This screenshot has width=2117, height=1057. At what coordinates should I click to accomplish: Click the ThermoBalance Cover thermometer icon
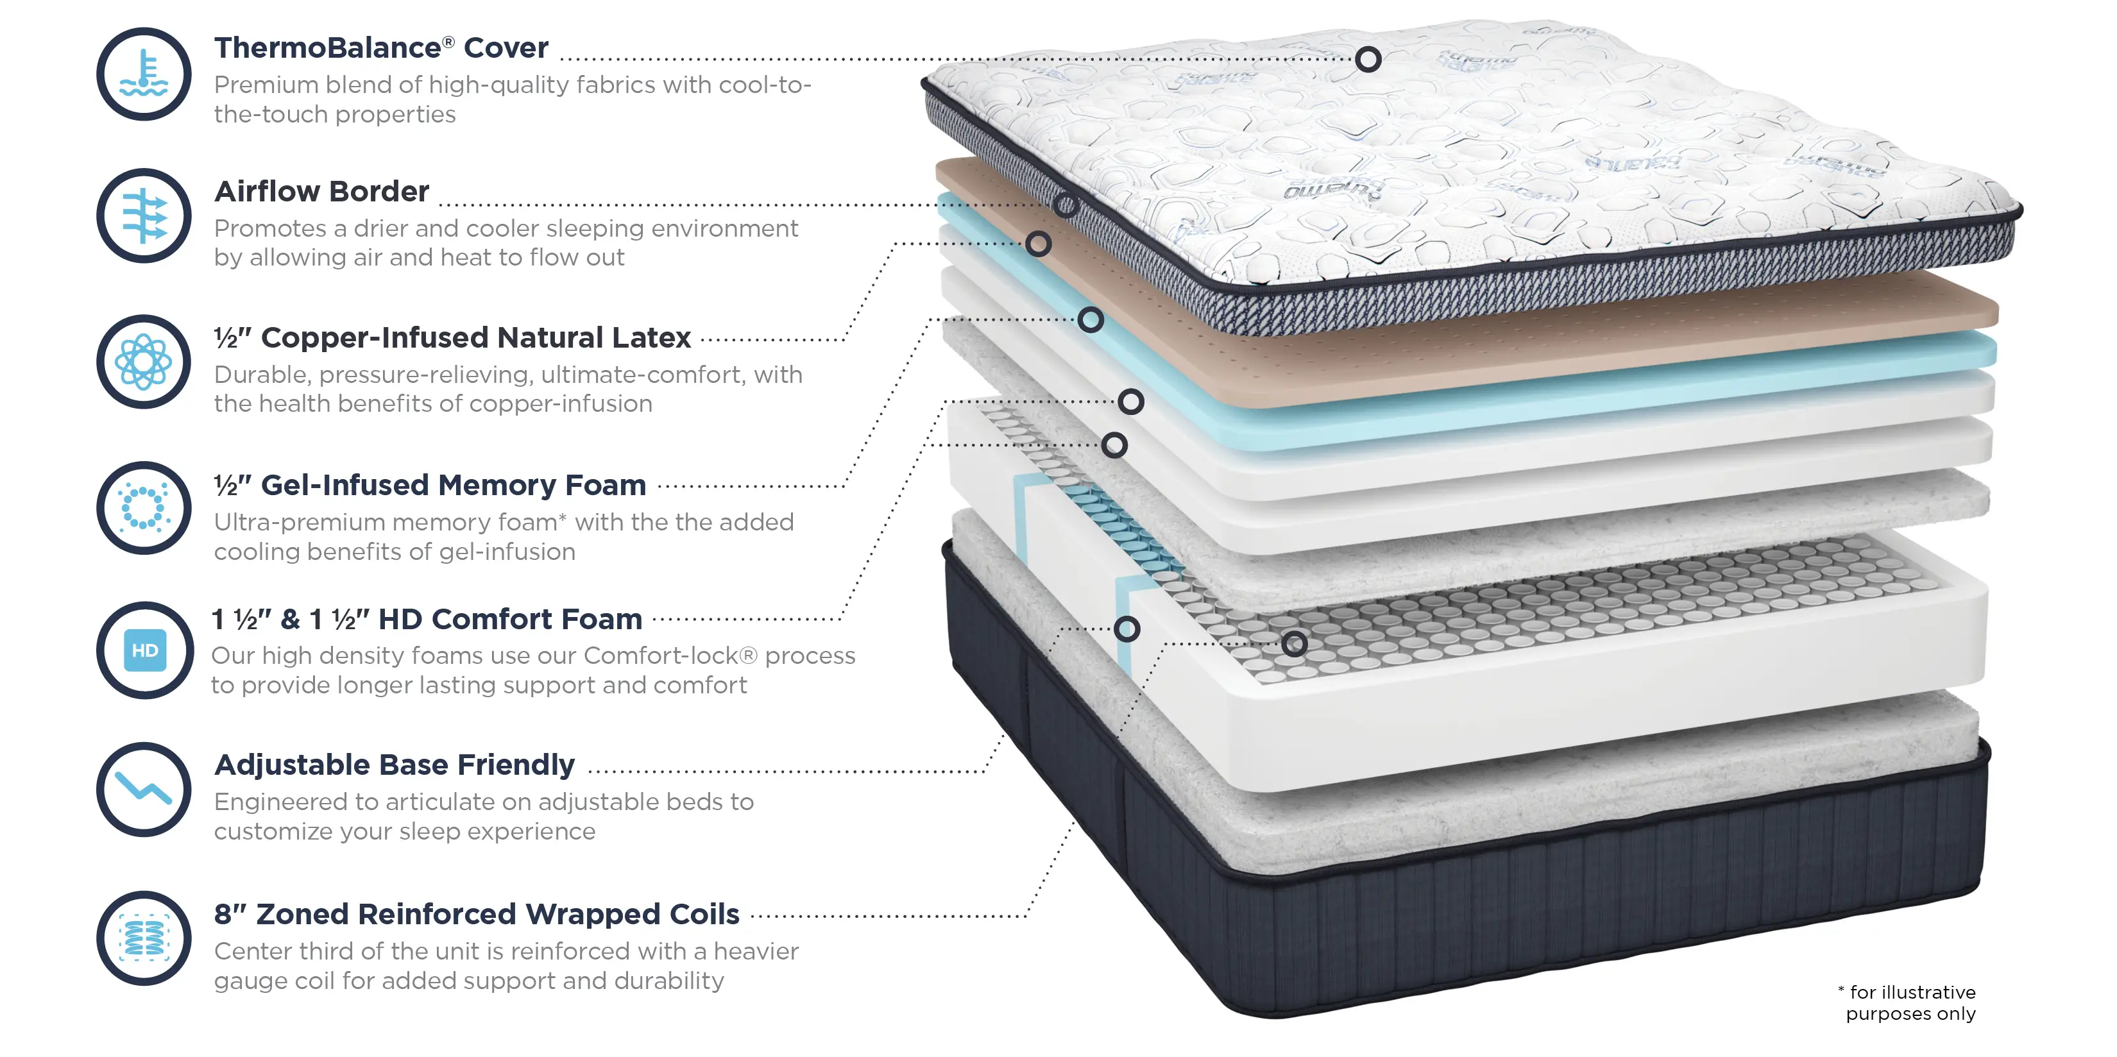[144, 74]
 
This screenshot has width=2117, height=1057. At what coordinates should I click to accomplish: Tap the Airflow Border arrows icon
[144, 216]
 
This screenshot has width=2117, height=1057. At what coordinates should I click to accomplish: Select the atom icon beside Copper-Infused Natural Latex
[144, 362]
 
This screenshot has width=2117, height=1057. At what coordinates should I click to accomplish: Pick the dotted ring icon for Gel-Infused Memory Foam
[144, 508]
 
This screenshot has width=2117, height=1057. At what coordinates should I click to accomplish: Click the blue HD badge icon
[144, 650]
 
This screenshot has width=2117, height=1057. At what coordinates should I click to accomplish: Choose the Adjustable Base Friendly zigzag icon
[144, 790]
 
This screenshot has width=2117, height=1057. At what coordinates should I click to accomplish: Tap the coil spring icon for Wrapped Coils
[144, 938]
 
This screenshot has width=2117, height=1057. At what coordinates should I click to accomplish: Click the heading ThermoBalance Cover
[381, 47]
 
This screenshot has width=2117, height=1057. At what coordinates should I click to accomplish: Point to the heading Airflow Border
[321, 192]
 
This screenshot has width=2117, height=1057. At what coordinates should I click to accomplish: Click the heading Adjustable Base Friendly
[395, 765]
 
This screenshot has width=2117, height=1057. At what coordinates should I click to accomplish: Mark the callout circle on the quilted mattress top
[1368, 59]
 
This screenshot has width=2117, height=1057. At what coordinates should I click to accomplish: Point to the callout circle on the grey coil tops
[1295, 643]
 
